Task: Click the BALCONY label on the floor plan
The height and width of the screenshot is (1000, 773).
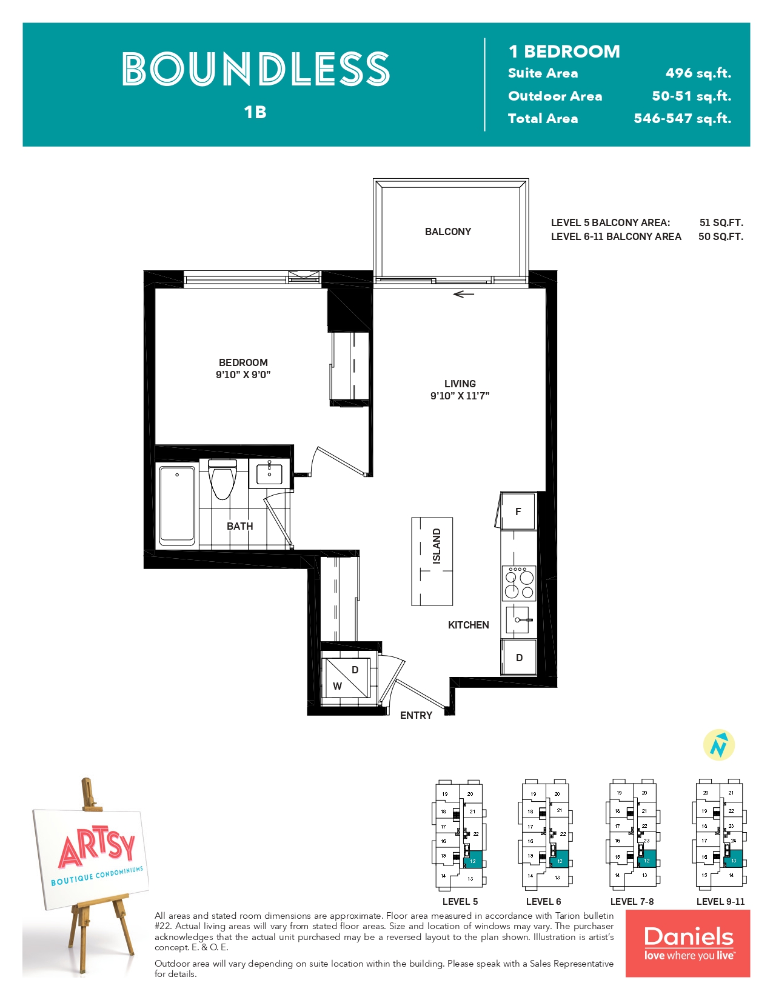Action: click(447, 232)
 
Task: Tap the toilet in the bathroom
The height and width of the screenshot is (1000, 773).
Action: click(222, 479)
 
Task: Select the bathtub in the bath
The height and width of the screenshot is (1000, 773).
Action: click(177, 505)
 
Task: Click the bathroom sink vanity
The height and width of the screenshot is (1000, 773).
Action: click(269, 473)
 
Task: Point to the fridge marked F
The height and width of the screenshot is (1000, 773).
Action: click(518, 512)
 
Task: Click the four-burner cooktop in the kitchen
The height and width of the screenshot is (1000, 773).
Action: click(519, 583)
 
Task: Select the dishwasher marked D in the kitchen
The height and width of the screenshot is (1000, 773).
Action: click(519, 658)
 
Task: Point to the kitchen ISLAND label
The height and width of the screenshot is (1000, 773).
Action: click(437, 546)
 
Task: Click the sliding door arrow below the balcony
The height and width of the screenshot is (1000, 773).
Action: click(463, 294)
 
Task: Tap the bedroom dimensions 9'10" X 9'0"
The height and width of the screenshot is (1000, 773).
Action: click(243, 375)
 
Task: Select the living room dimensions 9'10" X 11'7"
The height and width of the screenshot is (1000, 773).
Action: click(460, 396)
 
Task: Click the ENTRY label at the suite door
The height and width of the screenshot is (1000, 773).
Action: click(416, 715)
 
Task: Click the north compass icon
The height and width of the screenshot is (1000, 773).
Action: click(718, 745)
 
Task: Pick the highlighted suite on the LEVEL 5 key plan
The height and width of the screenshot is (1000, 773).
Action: click(472, 859)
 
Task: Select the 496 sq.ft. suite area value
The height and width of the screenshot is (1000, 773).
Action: click(698, 73)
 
